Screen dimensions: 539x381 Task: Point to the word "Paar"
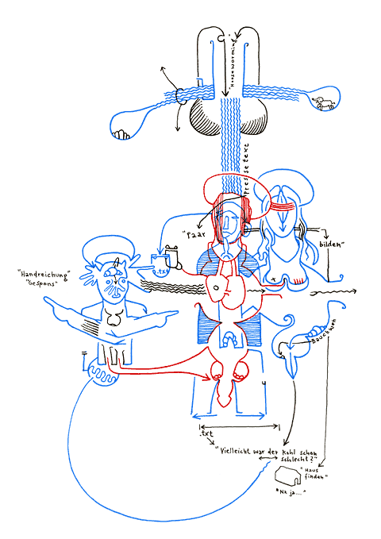[x=194, y=234]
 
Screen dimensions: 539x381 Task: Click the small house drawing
[x=287, y=476]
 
